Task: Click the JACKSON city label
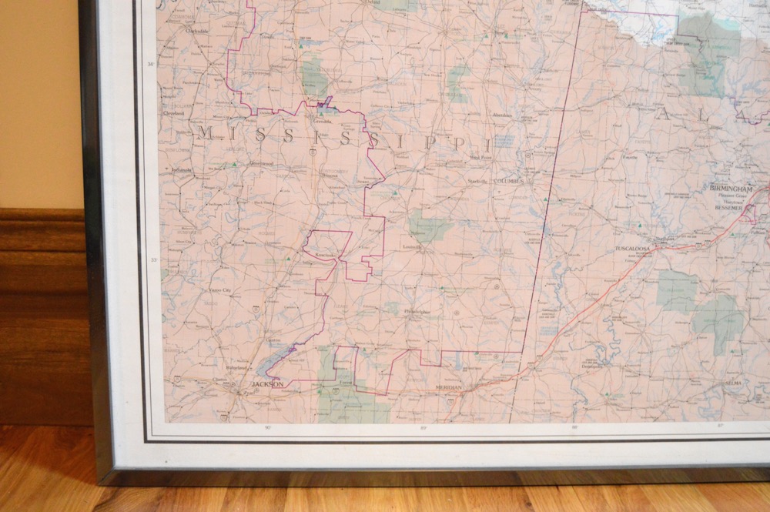coord(267,383)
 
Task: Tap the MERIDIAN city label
coord(448,387)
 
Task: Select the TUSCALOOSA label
coord(632,250)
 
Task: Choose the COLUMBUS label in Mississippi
coord(509,181)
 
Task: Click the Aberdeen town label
coord(500,114)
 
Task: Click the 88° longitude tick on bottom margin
coord(573,426)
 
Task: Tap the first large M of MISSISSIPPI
coord(204,133)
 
